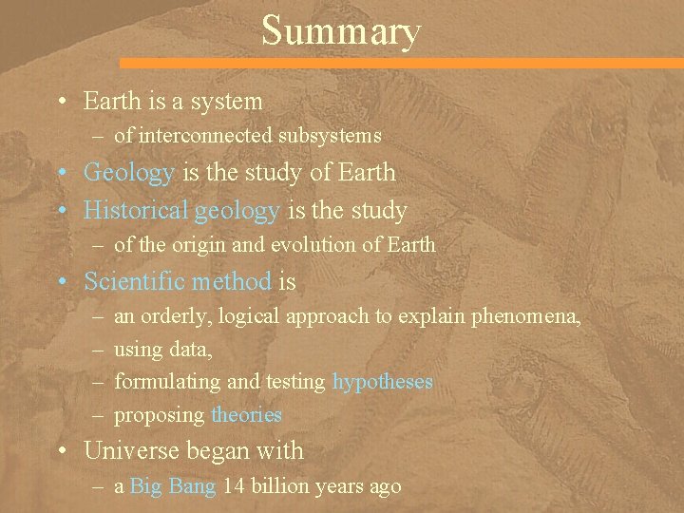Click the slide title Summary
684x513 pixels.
pos(340,30)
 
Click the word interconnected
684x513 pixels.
pos(205,136)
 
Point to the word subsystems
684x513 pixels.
pos(330,136)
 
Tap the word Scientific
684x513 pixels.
pos(135,281)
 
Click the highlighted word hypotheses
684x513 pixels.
pos(383,382)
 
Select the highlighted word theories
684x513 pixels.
pos(247,415)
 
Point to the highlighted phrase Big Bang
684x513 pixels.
pos(173,486)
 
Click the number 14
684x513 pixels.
pos(234,486)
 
